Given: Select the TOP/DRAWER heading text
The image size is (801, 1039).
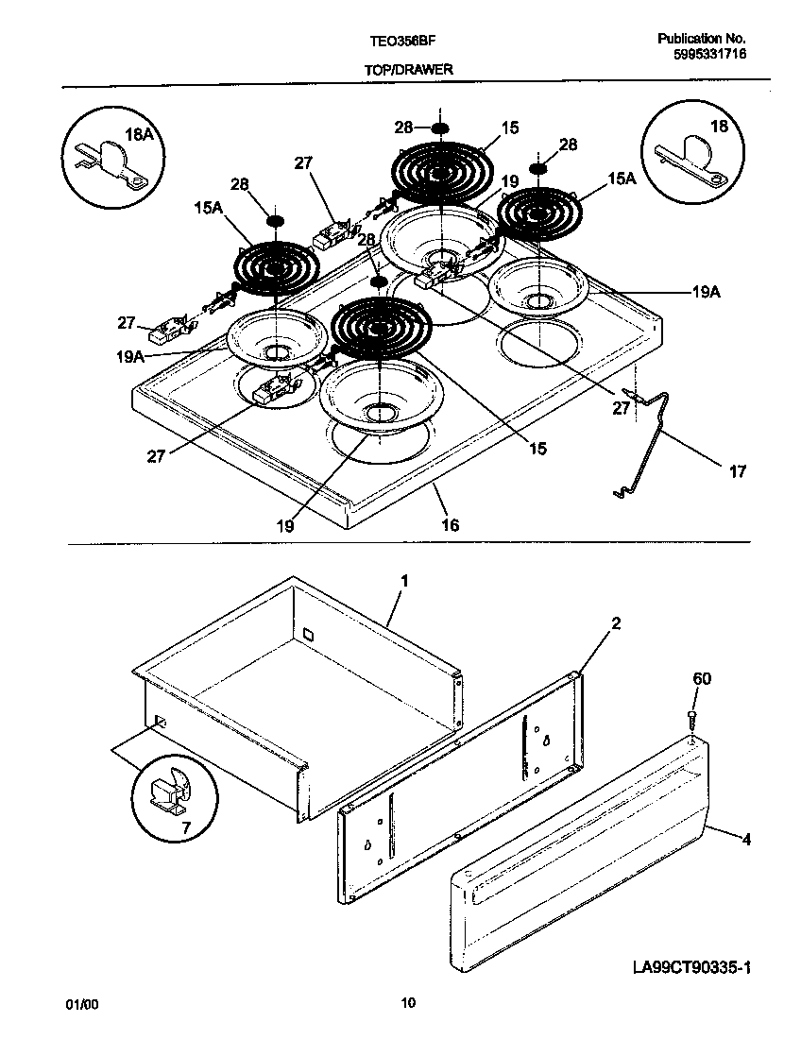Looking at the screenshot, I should coord(408,70).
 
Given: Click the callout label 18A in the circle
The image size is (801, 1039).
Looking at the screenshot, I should coord(139,135).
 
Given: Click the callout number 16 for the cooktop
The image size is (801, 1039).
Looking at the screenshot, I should coord(450,524).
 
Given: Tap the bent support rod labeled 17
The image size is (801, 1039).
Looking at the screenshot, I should coord(652,444).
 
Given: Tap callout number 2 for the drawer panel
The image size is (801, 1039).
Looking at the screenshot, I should coord(615,623).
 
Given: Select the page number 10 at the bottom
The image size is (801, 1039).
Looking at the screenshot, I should coord(408,1003).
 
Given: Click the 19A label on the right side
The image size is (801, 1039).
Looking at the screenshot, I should coord(706,294).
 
